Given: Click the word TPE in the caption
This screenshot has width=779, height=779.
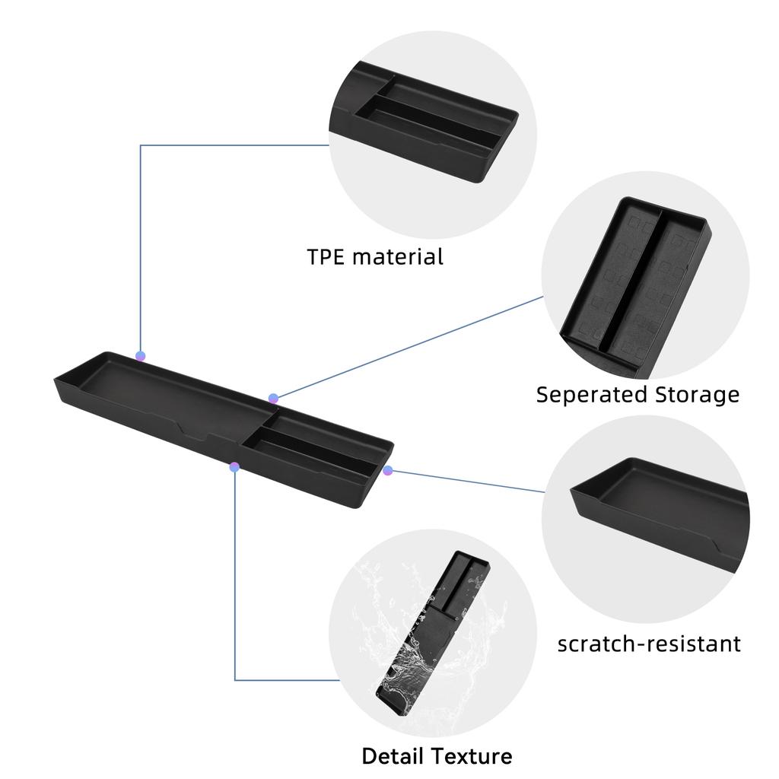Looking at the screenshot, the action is (x=326, y=257).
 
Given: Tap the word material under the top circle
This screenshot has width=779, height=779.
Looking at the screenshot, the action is (x=397, y=257).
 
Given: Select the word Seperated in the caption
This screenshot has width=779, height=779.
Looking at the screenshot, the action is (x=591, y=396).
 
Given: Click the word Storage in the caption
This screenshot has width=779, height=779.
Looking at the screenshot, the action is (x=697, y=396).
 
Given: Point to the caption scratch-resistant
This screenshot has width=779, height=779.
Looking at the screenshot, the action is (x=649, y=644).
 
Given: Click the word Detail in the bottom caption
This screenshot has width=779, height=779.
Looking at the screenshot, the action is (x=393, y=756).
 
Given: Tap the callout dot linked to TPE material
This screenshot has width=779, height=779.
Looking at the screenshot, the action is (x=141, y=356).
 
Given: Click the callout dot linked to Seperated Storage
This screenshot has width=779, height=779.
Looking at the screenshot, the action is (x=273, y=399).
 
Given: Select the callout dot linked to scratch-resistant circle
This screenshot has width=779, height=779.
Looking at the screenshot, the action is (x=387, y=470).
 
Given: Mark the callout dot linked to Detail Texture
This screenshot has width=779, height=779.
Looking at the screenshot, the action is (x=234, y=467).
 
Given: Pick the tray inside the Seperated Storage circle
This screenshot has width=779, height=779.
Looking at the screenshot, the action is (x=636, y=286).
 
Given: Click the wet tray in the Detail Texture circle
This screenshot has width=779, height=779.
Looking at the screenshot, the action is (x=432, y=634).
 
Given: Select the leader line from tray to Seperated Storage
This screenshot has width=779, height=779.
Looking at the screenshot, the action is (x=409, y=348).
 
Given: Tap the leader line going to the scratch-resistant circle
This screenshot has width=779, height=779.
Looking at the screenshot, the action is (x=466, y=481).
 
